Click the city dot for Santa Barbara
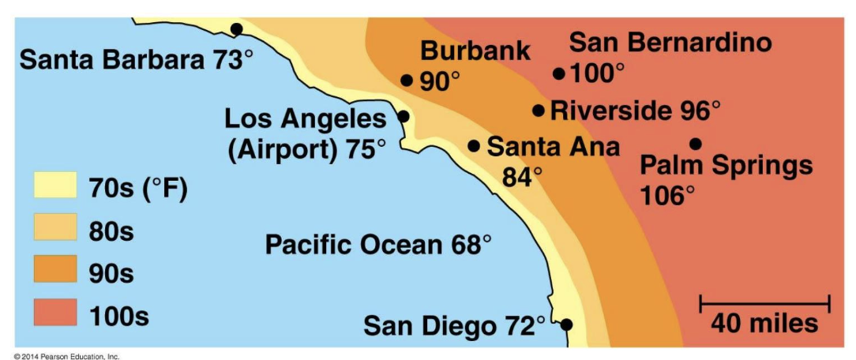(x=236, y=29)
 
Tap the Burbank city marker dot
(x=407, y=80)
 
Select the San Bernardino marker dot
(x=559, y=73)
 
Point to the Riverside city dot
(x=539, y=111)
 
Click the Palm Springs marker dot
(x=696, y=144)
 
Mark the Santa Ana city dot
(x=474, y=145)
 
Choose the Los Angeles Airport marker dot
(x=403, y=116)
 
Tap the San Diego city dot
(x=566, y=324)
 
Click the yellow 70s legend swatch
(x=54, y=186)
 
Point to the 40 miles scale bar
(x=764, y=302)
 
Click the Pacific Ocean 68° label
(x=377, y=245)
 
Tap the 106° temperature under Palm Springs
(x=667, y=194)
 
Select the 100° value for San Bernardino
(x=597, y=74)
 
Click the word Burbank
(x=475, y=51)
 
